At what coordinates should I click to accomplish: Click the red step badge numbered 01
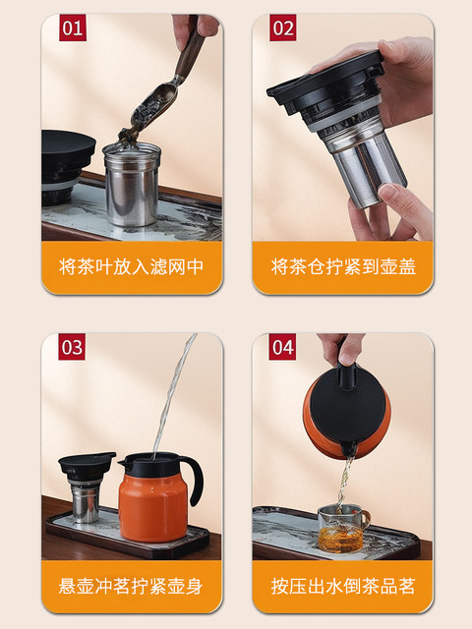[73, 28]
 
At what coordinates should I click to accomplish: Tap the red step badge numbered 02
[283, 28]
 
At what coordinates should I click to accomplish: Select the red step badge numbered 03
[72, 347]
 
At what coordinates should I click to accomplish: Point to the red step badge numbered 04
[282, 347]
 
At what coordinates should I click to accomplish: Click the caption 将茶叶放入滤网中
[132, 266]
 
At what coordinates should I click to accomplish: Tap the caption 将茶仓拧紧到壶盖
[343, 266]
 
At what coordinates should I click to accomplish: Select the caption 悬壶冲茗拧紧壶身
[131, 586]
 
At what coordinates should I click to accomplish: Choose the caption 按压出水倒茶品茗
[343, 586]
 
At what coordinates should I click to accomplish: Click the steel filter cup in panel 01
[132, 184]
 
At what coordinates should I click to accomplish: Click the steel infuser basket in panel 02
[363, 160]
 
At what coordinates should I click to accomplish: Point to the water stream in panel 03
[173, 395]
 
